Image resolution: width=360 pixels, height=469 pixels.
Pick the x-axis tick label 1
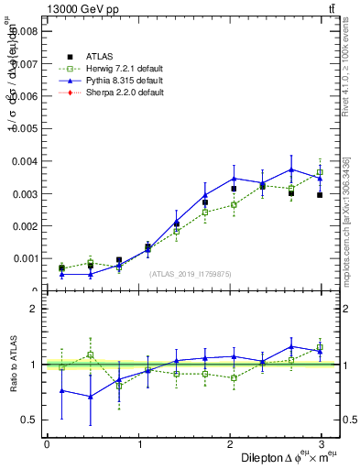(138, 444)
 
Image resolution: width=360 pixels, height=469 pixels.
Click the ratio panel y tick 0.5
(29, 420)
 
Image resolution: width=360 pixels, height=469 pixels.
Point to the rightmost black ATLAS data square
(320, 195)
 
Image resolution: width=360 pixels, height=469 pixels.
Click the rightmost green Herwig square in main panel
(320, 172)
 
